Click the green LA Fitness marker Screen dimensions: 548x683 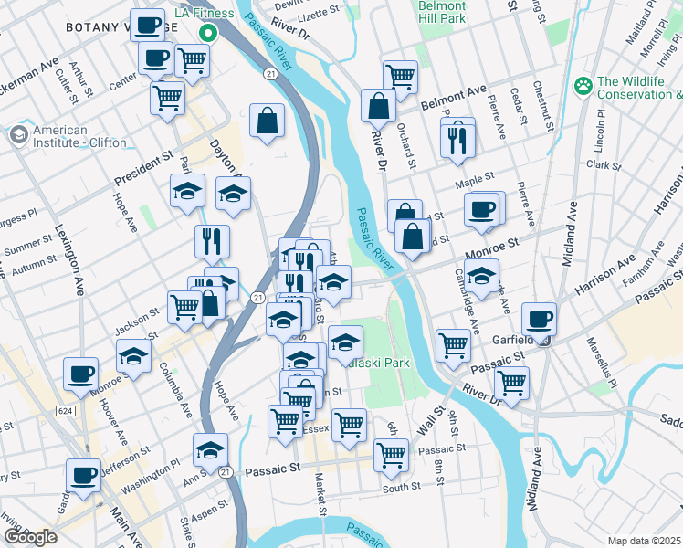pyautogui.click(x=208, y=34)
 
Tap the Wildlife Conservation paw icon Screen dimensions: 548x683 pyautogui.click(x=583, y=87)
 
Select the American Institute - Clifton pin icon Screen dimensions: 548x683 pyautogui.click(x=17, y=136)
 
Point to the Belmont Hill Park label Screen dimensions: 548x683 pyautogui.click(x=442, y=12)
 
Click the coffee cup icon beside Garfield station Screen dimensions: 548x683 pyautogui.click(x=539, y=319)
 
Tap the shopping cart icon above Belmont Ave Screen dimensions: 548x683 pyautogui.click(x=400, y=76)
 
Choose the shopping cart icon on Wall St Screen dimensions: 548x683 pyautogui.click(x=392, y=453)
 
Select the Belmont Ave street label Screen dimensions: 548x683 pyautogui.click(x=454, y=98)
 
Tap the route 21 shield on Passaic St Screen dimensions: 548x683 pyautogui.click(x=225, y=470)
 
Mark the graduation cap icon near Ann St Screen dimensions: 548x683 pyautogui.click(x=210, y=449)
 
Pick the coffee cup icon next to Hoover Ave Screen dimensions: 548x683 pyautogui.click(x=80, y=374)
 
